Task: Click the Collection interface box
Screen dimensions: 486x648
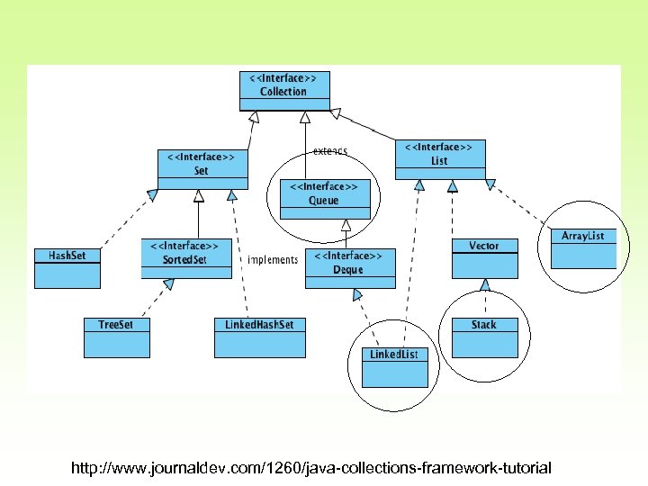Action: (x=283, y=90)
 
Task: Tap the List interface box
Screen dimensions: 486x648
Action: (x=440, y=158)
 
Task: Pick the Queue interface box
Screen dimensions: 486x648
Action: (x=324, y=199)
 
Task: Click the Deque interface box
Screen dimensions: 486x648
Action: (x=350, y=268)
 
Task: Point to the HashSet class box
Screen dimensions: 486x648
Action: (x=67, y=267)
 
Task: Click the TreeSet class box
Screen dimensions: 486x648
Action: (x=115, y=336)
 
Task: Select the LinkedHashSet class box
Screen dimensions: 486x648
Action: (x=259, y=336)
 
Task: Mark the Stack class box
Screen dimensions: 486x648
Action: (x=484, y=336)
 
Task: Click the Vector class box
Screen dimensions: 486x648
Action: (x=484, y=257)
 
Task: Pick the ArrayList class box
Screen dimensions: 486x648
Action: (x=583, y=247)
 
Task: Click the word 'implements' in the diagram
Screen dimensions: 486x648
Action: (x=272, y=260)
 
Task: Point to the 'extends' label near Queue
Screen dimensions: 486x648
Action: (x=330, y=151)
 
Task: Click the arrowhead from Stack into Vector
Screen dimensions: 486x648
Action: (x=484, y=284)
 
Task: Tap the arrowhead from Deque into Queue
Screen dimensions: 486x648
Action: (x=344, y=226)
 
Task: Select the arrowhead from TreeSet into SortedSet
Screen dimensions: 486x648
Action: (x=167, y=285)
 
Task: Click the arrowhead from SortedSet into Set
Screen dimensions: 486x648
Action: (x=199, y=195)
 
